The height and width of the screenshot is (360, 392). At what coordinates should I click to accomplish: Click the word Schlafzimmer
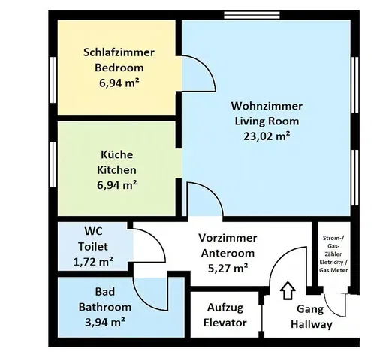click(x=119, y=52)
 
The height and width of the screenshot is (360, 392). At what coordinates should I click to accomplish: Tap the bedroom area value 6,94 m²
click(x=119, y=82)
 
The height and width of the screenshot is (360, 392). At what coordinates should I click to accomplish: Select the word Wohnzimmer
click(x=267, y=106)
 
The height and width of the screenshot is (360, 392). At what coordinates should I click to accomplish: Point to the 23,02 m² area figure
click(x=267, y=136)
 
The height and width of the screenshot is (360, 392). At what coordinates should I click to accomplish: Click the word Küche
click(x=117, y=154)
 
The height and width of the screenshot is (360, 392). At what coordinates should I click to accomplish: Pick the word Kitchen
click(x=116, y=170)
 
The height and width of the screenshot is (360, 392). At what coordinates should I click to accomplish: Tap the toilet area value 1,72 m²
click(x=93, y=262)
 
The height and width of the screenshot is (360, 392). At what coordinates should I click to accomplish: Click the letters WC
click(x=93, y=231)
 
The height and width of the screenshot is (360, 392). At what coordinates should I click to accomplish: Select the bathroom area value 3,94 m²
click(x=105, y=322)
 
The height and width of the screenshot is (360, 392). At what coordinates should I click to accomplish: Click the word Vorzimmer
click(x=228, y=238)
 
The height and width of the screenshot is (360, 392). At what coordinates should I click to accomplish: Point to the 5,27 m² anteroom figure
click(x=228, y=268)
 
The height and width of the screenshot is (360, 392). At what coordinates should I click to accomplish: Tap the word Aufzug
click(x=225, y=307)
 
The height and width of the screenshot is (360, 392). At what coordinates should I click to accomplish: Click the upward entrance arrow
click(x=288, y=290)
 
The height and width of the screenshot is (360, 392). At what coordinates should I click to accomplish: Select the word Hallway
click(x=312, y=324)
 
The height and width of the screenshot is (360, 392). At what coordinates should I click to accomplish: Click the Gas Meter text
click(x=333, y=270)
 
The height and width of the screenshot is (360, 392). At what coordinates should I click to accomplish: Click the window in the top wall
click(x=252, y=15)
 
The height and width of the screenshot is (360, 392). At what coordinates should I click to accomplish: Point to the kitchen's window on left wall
click(x=53, y=164)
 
